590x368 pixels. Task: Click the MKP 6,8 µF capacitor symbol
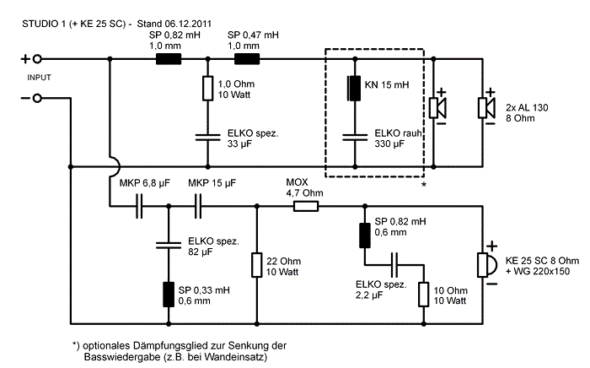140,205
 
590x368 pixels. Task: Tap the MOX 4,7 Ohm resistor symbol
304,205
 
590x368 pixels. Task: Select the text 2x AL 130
528,109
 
